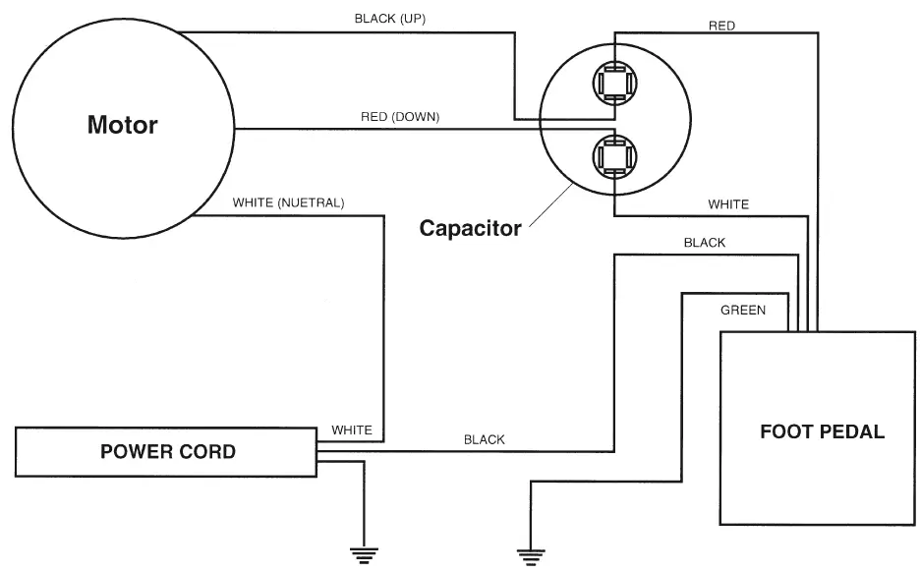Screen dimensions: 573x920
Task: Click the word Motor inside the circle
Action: pyautogui.click(x=122, y=125)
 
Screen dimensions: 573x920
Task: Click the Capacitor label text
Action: pyautogui.click(x=470, y=228)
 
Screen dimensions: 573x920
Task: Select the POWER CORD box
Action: pyautogui.click(x=167, y=452)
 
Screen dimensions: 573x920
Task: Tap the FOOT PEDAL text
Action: pyautogui.click(x=822, y=431)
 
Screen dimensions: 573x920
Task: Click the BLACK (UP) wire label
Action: pyautogui.click(x=390, y=19)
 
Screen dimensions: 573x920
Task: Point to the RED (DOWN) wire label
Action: pyautogui.click(x=400, y=117)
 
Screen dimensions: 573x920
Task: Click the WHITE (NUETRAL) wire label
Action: pyautogui.click(x=288, y=203)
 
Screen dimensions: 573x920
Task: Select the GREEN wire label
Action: pyautogui.click(x=743, y=311)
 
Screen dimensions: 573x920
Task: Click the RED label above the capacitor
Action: pyautogui.click(x=721, y=26)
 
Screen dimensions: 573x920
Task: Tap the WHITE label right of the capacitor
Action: pyautogui.click(x=728, y=204)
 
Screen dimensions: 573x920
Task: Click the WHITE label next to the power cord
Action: pyautogui.click(x=352, y=430)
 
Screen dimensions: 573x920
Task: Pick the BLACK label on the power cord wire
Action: pyautogui.click(x=484, y=439)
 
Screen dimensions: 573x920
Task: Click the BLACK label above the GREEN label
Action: pyautogui.click(x=704, y=243)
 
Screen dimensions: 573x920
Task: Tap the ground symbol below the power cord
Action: pyautogui.click(x=365, y=554)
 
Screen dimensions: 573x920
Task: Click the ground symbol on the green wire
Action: pyautogui.click(x=531, y=555)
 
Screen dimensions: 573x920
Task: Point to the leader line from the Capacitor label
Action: pyautogui.click(x=550, y=206)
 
